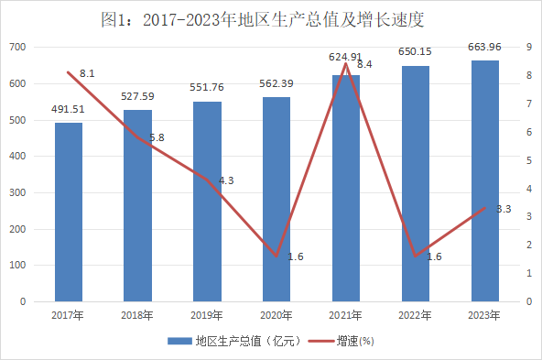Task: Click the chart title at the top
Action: click(263, 19)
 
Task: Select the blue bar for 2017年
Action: click(69, 212)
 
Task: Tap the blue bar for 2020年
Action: click(276, 199)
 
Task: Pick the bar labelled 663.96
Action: click(485, 180)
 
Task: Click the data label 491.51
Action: click(68, 109)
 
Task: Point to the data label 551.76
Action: click(207, 87)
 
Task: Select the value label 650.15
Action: click(415, 51)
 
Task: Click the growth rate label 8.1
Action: click(87, 73)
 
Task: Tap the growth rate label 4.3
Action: click(226, 180)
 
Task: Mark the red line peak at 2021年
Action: click(346, 63)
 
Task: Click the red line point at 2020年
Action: click(276, 256)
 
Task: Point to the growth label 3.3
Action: click(504, 209)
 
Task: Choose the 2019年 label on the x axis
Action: click(207, 315)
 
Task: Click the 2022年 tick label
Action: click(415, 315)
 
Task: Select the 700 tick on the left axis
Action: click(17, 47)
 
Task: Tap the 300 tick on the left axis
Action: click(17, 192)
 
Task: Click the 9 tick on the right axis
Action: click(529, 47)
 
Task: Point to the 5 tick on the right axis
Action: click(529, 160)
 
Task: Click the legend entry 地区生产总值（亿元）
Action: click(234, 342)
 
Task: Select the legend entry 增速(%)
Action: click(341, 342)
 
